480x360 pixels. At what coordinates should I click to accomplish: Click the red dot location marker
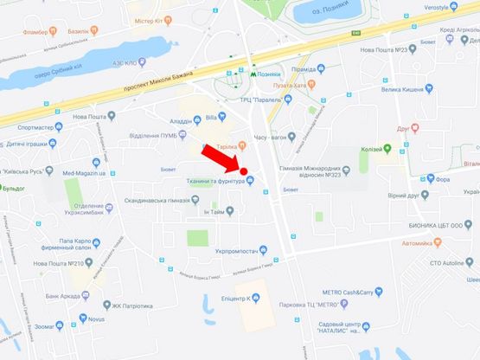pos(244,171)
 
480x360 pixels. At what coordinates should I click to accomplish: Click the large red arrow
pos(220,157)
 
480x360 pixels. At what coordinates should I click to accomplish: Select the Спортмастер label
pos(40,126)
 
